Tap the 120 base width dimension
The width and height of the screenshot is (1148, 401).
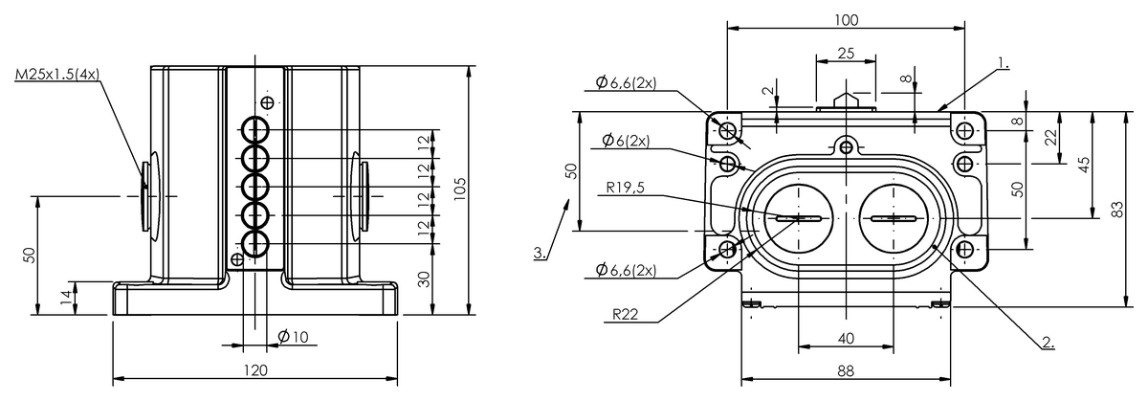[255, 369]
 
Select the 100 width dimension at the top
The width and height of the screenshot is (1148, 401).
[846, 19]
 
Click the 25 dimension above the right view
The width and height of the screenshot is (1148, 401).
[846, 54]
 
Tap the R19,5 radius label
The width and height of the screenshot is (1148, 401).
[627, 189]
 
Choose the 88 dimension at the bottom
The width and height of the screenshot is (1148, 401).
[846, 370]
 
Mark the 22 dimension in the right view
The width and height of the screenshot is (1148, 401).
[1050, 137]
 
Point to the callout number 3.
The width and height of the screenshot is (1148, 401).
[541, 254]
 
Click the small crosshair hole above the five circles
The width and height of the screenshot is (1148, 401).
[268, 102]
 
